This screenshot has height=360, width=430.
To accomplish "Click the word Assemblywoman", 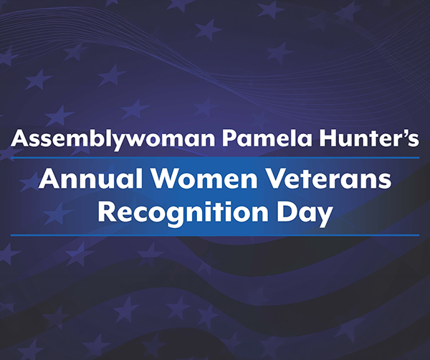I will pos(96,138).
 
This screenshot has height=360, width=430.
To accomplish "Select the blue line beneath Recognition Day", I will pos(215,235).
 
